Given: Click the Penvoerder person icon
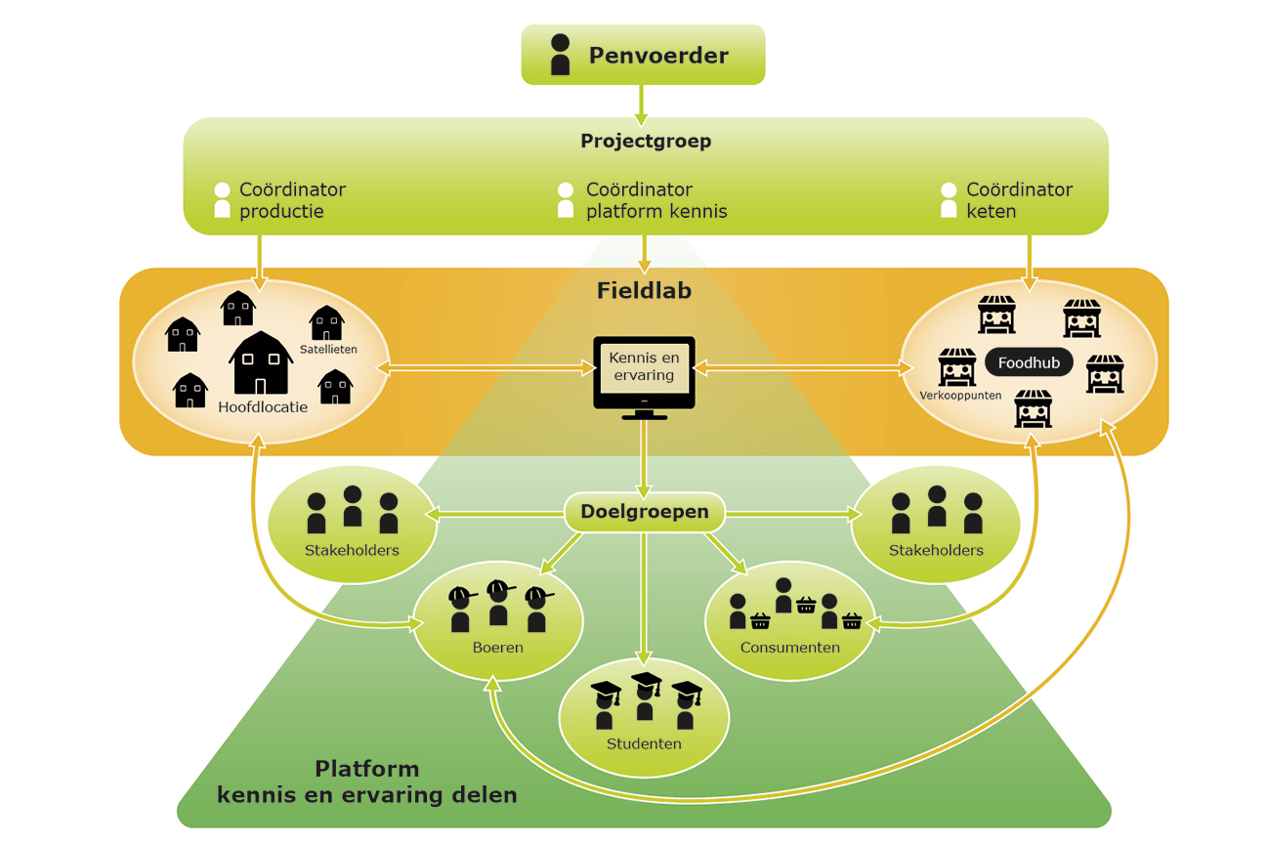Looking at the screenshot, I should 560,55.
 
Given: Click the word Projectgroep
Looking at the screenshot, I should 646,141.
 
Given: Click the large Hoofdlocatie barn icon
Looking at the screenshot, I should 261,362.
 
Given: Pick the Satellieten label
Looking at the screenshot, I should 328,349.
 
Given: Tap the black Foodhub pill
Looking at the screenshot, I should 1029,363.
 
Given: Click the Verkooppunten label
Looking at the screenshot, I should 960,396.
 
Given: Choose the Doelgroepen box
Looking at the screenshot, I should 644,512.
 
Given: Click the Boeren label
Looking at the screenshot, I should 497,647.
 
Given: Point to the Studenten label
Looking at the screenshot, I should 644,743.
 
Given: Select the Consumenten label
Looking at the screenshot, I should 789,647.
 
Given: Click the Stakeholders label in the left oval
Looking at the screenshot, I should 352,550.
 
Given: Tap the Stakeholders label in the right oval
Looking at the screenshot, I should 936,550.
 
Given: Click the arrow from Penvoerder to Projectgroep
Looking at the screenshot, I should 642,102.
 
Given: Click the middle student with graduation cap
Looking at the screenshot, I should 645,696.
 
